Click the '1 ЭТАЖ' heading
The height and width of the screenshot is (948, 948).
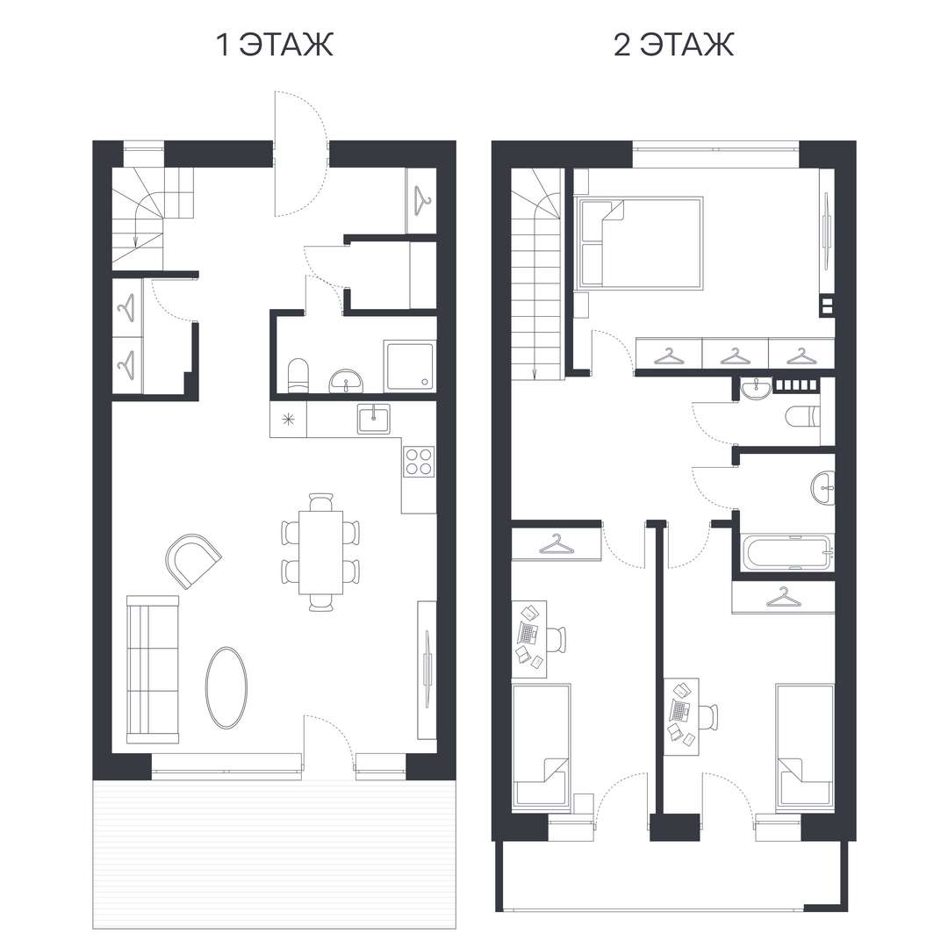[x=275, y=45]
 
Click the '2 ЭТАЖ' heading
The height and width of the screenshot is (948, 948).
[x=673, y=45]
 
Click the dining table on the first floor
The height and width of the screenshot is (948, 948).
[x=320, y=553]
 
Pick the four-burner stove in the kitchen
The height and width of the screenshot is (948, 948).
[x=419, y=462]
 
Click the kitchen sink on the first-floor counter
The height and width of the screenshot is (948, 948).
[x=374, y=419]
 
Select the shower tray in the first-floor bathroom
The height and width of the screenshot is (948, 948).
[x=409, y=366]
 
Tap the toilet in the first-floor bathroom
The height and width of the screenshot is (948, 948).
[x=298, y=376]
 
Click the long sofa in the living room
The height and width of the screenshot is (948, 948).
[x=153, y=669]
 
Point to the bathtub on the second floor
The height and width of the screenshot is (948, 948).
[x=788, y=552]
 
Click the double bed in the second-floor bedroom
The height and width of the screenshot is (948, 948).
[x=640, y=242]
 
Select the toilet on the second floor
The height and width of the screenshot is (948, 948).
[x=801, y=417]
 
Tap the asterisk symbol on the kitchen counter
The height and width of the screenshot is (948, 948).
[x=289, y=419]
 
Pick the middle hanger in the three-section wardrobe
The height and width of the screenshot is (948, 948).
[x=735, y=356]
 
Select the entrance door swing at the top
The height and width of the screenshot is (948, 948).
[x=300, y=154]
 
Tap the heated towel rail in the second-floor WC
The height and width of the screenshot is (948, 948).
[x=797, y=384]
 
